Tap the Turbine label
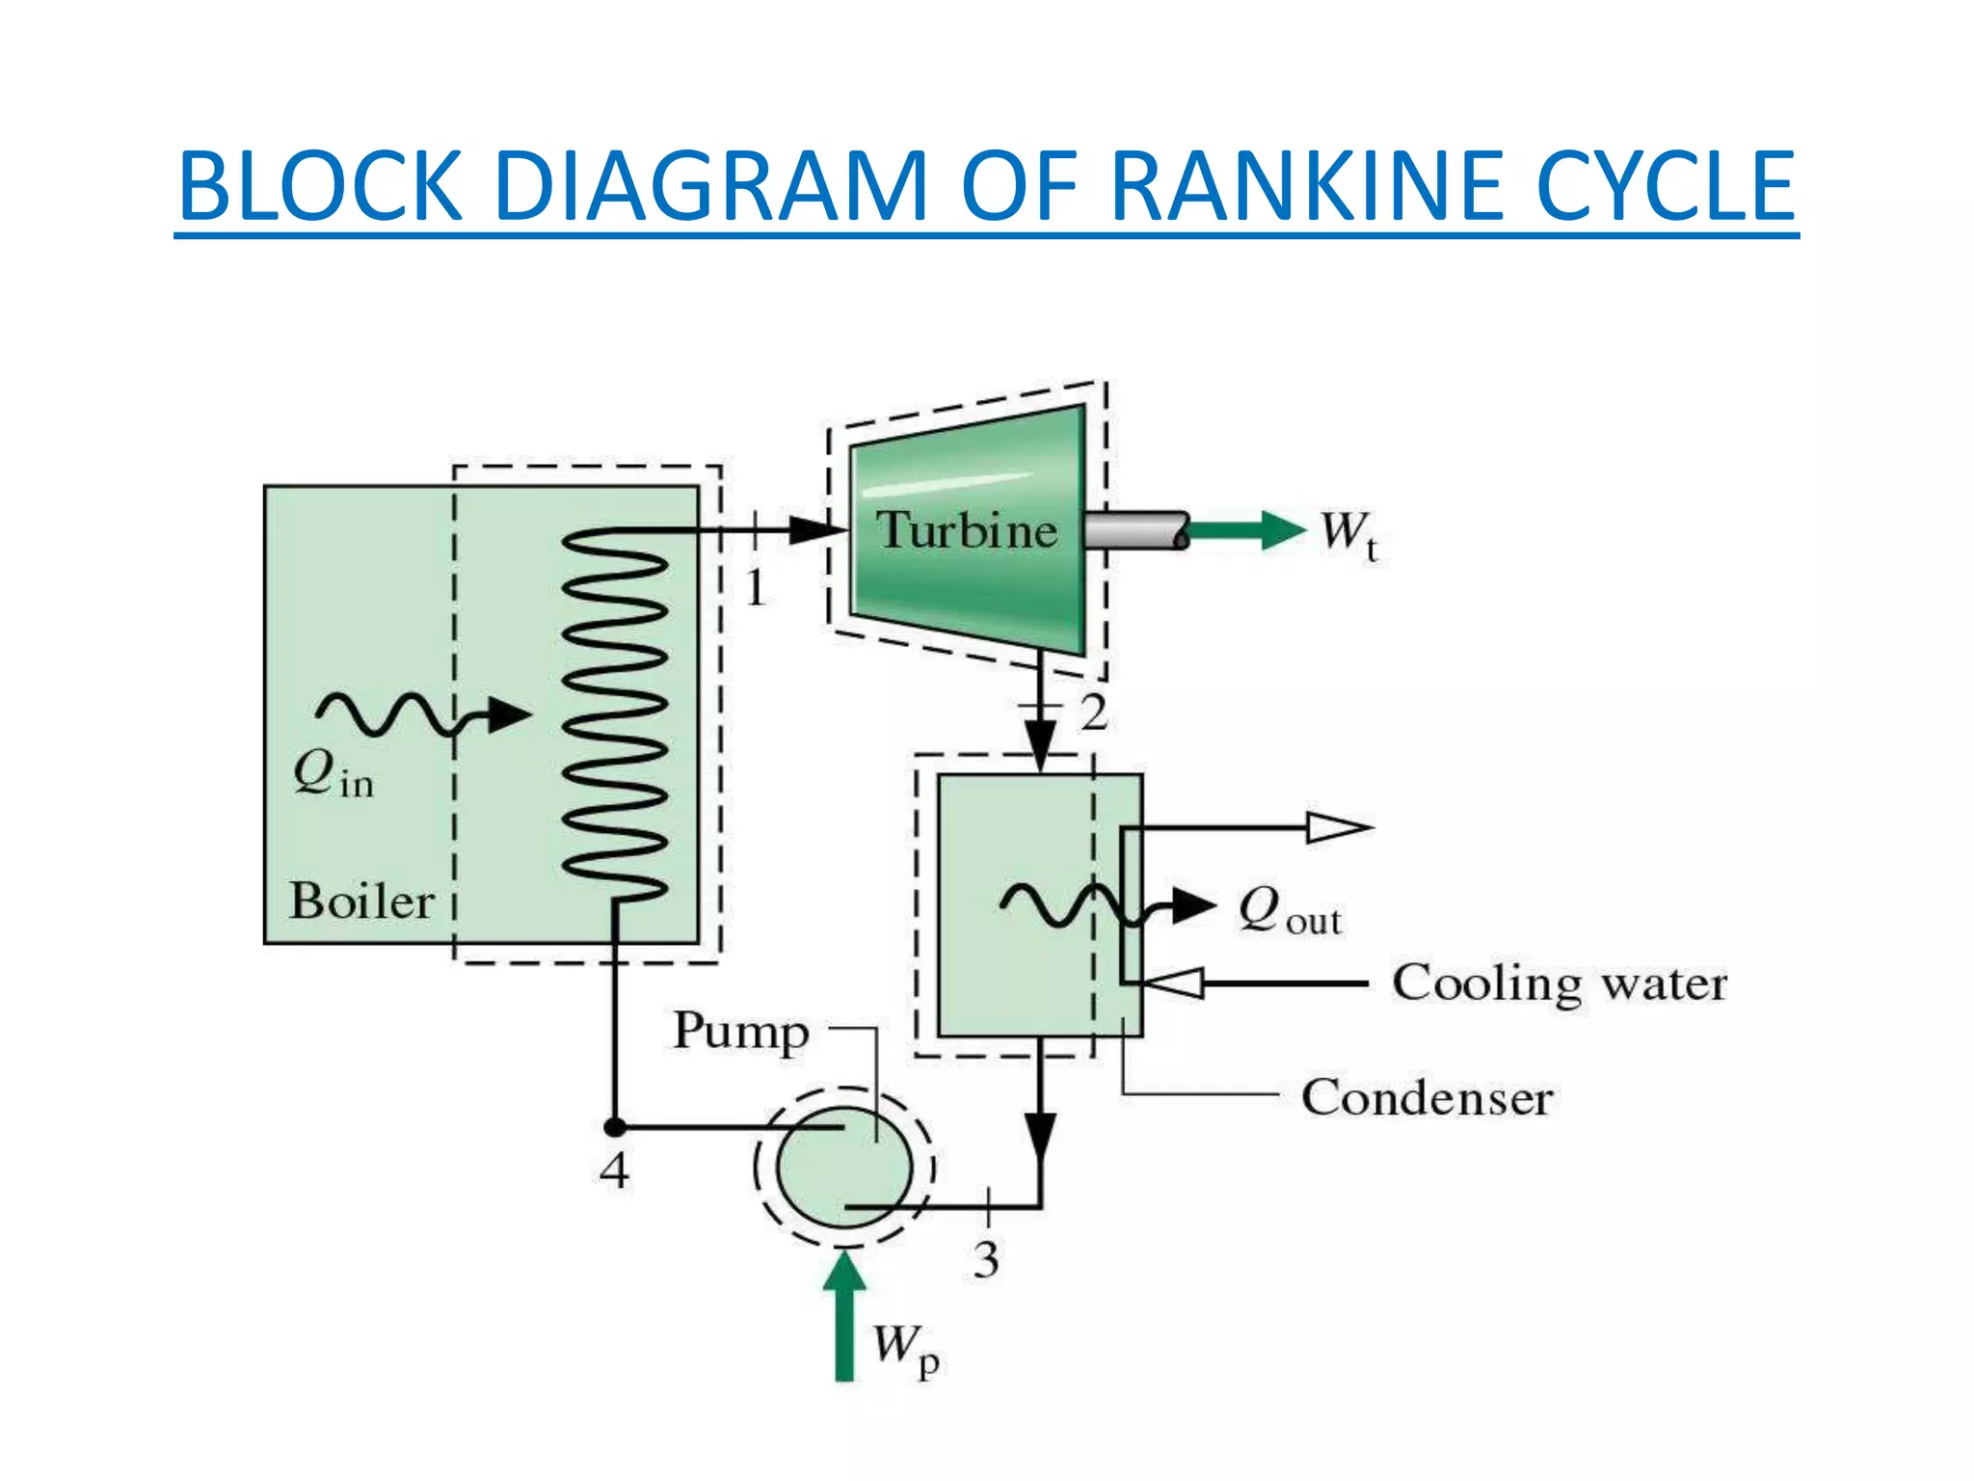(x=966, y=530)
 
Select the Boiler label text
(x=361, y=902)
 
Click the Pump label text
(x=740, y=1032)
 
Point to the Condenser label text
(x=1427, y=1097)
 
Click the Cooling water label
(x=1559, y=983)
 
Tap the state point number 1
(x=756, y=587)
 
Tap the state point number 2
(x=1093, y=714)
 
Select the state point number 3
(x=985, y=1259)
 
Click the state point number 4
(x=614, y=1171)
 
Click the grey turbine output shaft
(x=1135, y=530)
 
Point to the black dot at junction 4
(x=614, y=1126)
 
